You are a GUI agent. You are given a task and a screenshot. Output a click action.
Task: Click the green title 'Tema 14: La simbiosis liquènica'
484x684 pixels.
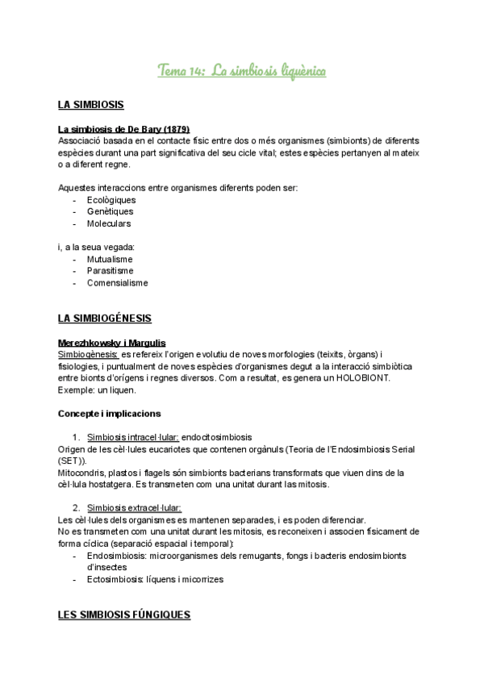(x=242, y=73)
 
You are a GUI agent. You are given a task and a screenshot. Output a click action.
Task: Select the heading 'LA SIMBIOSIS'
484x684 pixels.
(x=90, y=105)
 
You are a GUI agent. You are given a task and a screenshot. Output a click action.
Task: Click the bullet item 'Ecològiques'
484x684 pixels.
(x=111, y=200)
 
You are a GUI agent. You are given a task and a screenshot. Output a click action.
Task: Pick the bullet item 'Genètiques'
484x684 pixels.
(x=110, y=211)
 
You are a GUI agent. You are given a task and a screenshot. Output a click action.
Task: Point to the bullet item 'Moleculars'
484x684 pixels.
(x=109, y=223)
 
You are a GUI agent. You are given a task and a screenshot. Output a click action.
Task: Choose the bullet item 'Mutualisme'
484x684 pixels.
(x=110, y=259)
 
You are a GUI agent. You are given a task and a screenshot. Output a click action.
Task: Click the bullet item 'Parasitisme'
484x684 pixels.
(x=110, y=271)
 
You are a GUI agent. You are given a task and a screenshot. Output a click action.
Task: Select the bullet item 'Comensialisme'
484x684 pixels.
(x=117, y=283)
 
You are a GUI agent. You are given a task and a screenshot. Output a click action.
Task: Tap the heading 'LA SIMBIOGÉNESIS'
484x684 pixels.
(x=105, y=319)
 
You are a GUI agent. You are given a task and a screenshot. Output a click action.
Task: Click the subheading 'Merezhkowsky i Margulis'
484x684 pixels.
(x=112, y=343)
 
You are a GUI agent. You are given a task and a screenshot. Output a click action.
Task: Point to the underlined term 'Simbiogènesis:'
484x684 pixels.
(x=89, y=354)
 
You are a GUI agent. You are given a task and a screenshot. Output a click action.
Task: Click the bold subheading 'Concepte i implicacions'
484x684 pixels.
(x=109, y=414)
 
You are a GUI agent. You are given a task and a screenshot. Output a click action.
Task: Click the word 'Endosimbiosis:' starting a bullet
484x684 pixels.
(x=120, y=556)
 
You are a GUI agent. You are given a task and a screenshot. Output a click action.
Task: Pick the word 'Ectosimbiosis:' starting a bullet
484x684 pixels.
(x=119, y=579)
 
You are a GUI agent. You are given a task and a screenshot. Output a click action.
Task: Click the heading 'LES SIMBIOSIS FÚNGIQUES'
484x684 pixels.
(x=124, y=615)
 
